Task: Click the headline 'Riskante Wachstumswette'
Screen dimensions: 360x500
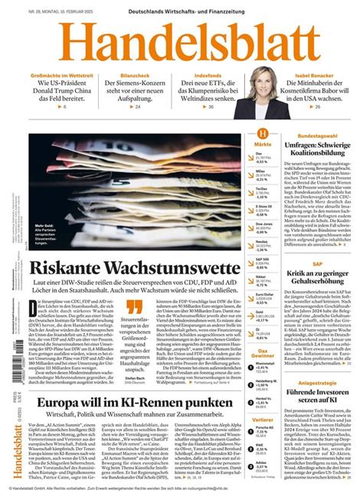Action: coord(134,269)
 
